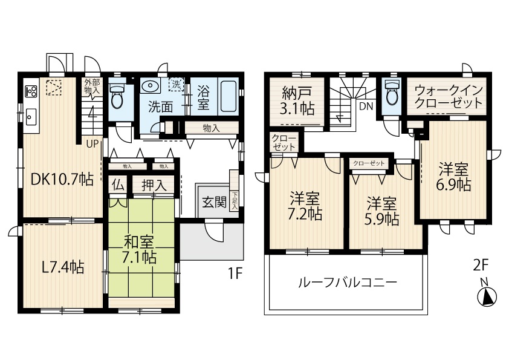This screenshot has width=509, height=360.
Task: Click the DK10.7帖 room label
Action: point(62,179)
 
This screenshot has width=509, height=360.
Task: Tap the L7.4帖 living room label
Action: point(63,267)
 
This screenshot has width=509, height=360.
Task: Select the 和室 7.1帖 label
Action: point(139,249)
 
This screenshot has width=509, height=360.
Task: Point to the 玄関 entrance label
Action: point(214,202)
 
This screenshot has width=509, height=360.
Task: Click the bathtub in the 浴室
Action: point(230,96)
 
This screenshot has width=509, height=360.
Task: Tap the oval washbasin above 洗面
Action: point(150,87)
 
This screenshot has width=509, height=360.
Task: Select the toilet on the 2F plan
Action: point(392,92)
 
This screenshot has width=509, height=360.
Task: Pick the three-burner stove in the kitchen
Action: point(31,90)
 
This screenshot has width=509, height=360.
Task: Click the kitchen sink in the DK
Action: point(31,117)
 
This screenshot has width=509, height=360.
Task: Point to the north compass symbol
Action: point(487,296)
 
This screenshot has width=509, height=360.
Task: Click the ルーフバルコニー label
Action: point(348,283)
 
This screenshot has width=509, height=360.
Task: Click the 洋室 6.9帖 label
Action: point(454,177)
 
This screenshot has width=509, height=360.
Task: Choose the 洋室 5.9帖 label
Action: point(382,211)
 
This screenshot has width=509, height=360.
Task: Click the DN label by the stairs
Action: point(366,106)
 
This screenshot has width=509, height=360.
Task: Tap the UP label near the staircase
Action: point(92,143)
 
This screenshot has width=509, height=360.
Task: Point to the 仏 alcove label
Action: point(118,186)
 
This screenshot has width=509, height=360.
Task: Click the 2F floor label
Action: point(481,266)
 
